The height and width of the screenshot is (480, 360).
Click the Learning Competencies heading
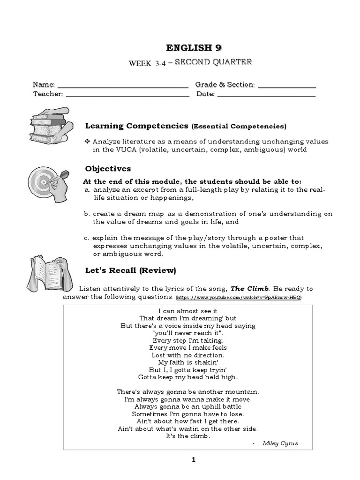pos(136,126)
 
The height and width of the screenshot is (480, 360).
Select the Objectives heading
pos(108,169)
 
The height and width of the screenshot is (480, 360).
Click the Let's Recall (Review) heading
pos(130,270)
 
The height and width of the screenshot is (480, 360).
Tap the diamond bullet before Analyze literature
pos(87,142)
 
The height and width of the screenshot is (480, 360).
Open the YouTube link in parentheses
pos(239,298)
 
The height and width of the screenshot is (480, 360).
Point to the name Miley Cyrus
pos(280,443)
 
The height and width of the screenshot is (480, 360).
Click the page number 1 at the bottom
pos(193,460)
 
